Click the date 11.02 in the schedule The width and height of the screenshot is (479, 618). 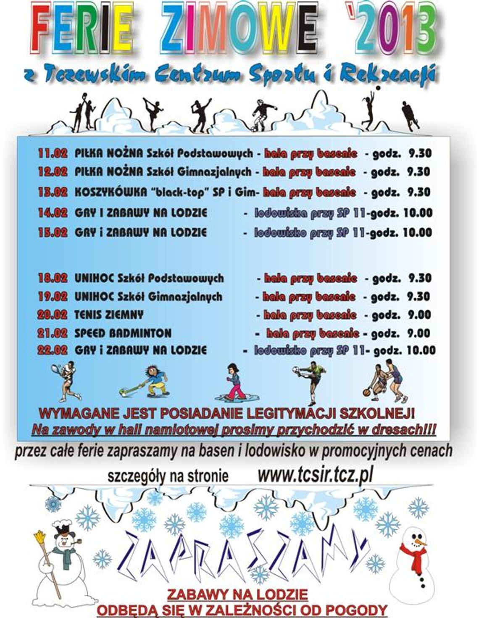(x=53, y=153)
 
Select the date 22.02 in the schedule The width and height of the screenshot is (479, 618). (x=53, y=350)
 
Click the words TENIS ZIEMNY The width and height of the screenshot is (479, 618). (x=109, y=315)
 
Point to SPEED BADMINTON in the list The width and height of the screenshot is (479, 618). (x=123, y=333)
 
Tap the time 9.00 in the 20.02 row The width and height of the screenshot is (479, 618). (x=419, y=315)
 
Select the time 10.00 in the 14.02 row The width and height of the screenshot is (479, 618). (x=418, y=213)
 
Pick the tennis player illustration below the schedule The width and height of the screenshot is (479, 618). (x=67, y=380)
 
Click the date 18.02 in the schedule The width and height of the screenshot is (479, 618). (x=53, y=278)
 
